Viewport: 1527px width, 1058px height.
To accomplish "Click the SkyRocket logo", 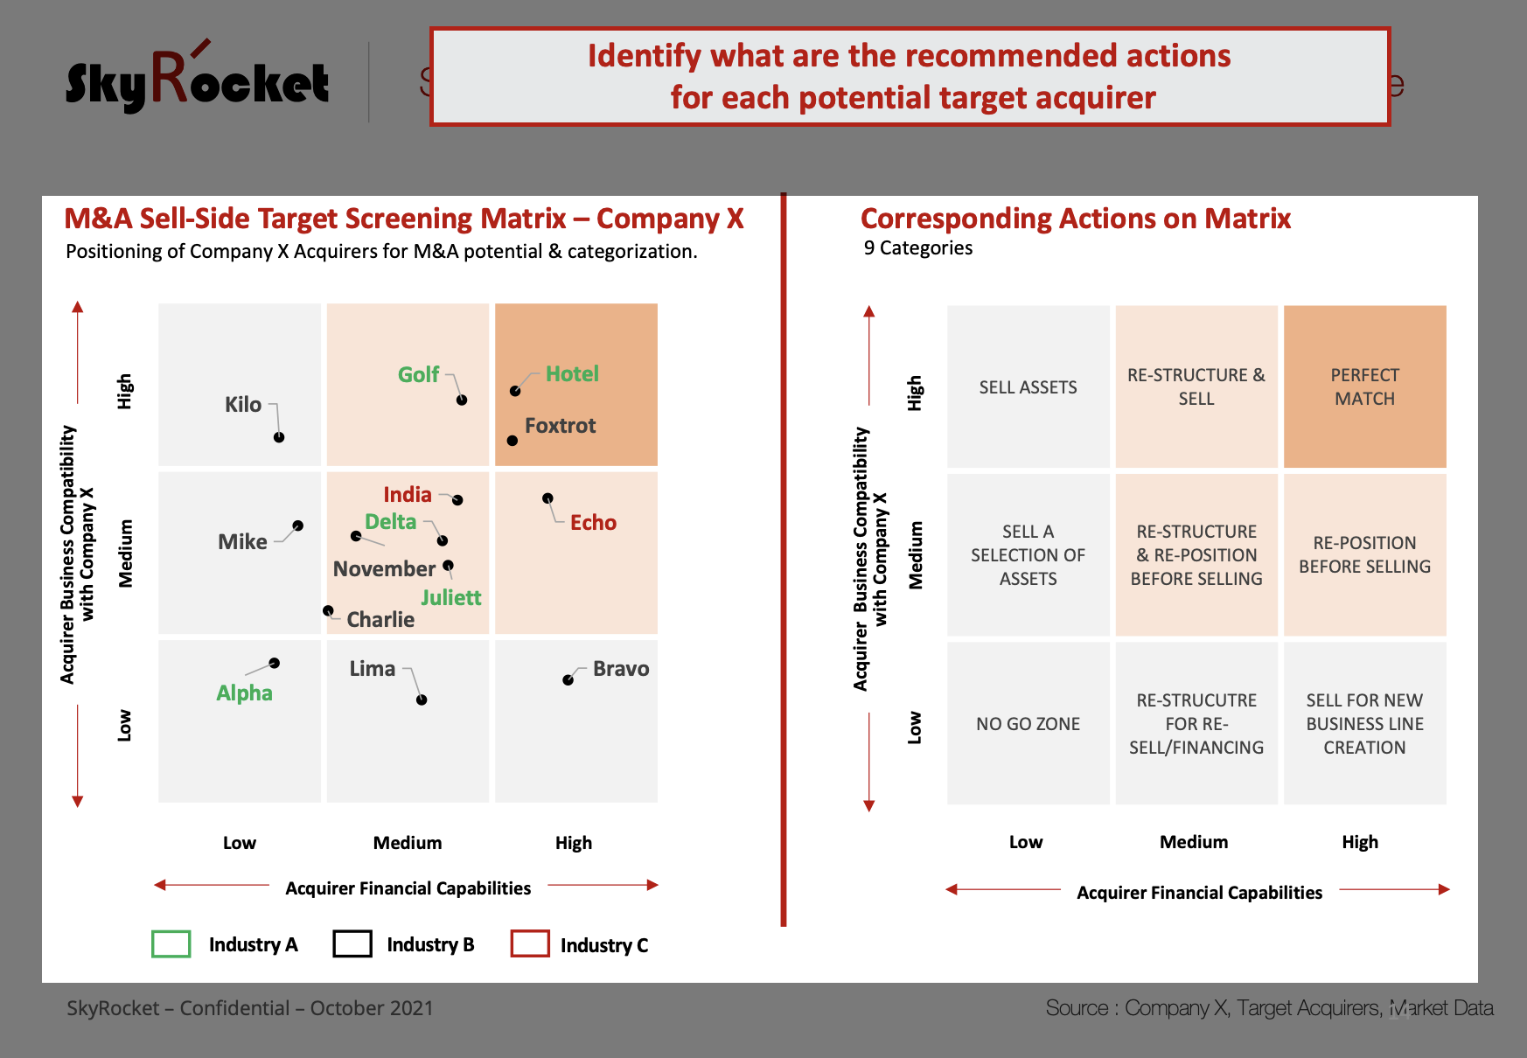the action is [197, 79].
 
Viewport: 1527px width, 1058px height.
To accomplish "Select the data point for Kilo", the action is [279, 437].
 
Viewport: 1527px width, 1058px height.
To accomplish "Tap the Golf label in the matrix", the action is [418, 374].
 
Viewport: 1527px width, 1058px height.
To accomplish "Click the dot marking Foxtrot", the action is [512, 441].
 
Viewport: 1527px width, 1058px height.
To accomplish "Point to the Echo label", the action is [593, 523].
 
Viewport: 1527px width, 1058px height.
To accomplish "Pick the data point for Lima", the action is [422, 700].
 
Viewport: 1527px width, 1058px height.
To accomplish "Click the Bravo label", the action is [621, 669].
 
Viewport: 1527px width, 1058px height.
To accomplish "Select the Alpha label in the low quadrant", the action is [244, 693].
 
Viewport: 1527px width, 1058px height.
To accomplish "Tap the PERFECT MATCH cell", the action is [1364, 386].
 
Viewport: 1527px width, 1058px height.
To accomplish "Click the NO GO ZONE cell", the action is [1028, 723].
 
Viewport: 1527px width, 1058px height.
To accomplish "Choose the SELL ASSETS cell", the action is [1028, 386].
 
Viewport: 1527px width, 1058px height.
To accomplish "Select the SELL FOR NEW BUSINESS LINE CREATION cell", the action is [1364, 723].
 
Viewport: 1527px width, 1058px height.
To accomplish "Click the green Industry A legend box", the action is [171, 944].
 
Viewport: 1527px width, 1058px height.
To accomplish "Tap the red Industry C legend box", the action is [530, 944].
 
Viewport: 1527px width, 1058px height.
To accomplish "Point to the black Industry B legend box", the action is [352, 944].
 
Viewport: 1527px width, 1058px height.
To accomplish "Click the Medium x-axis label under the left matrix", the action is [408, 843].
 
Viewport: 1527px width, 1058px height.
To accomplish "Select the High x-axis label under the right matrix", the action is [1360, 842].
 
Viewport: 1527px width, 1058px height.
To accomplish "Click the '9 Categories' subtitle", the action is [918, 248].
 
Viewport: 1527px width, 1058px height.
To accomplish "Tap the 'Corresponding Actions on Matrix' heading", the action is [1076, 219].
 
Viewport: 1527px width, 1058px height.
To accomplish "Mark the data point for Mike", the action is [298, 526].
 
